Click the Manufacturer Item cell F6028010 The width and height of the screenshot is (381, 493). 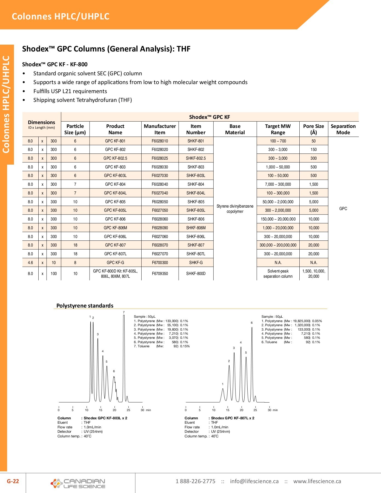coord(160,141)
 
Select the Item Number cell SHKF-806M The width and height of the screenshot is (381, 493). coord(196,228)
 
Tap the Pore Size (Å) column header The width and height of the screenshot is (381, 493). coord(313,129)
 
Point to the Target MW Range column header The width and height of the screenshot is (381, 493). coord(278,129)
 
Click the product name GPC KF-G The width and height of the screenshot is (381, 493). coord(115,263)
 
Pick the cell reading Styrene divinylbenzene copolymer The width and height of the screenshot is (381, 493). coord(235,209)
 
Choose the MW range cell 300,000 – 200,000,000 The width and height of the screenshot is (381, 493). coord(278,245)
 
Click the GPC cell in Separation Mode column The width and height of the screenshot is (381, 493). coord(343,209)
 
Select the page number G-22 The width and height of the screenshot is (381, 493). coord(13,481)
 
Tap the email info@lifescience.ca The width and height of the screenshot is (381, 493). coord(254,481)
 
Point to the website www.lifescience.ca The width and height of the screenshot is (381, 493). coord(317,481)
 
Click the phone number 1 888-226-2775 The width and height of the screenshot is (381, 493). coord(195,481)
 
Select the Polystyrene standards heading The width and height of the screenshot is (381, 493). coord(85,306)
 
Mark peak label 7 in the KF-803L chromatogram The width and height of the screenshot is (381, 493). coord(124,312)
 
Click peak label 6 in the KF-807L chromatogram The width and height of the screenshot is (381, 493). coord(252,323)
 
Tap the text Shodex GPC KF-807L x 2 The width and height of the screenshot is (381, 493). coord(233,418)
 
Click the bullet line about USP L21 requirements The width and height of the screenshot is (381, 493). coord(70,91)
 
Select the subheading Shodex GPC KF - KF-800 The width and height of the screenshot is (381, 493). coord(55,64)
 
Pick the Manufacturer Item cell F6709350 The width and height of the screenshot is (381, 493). coord(160,274)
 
